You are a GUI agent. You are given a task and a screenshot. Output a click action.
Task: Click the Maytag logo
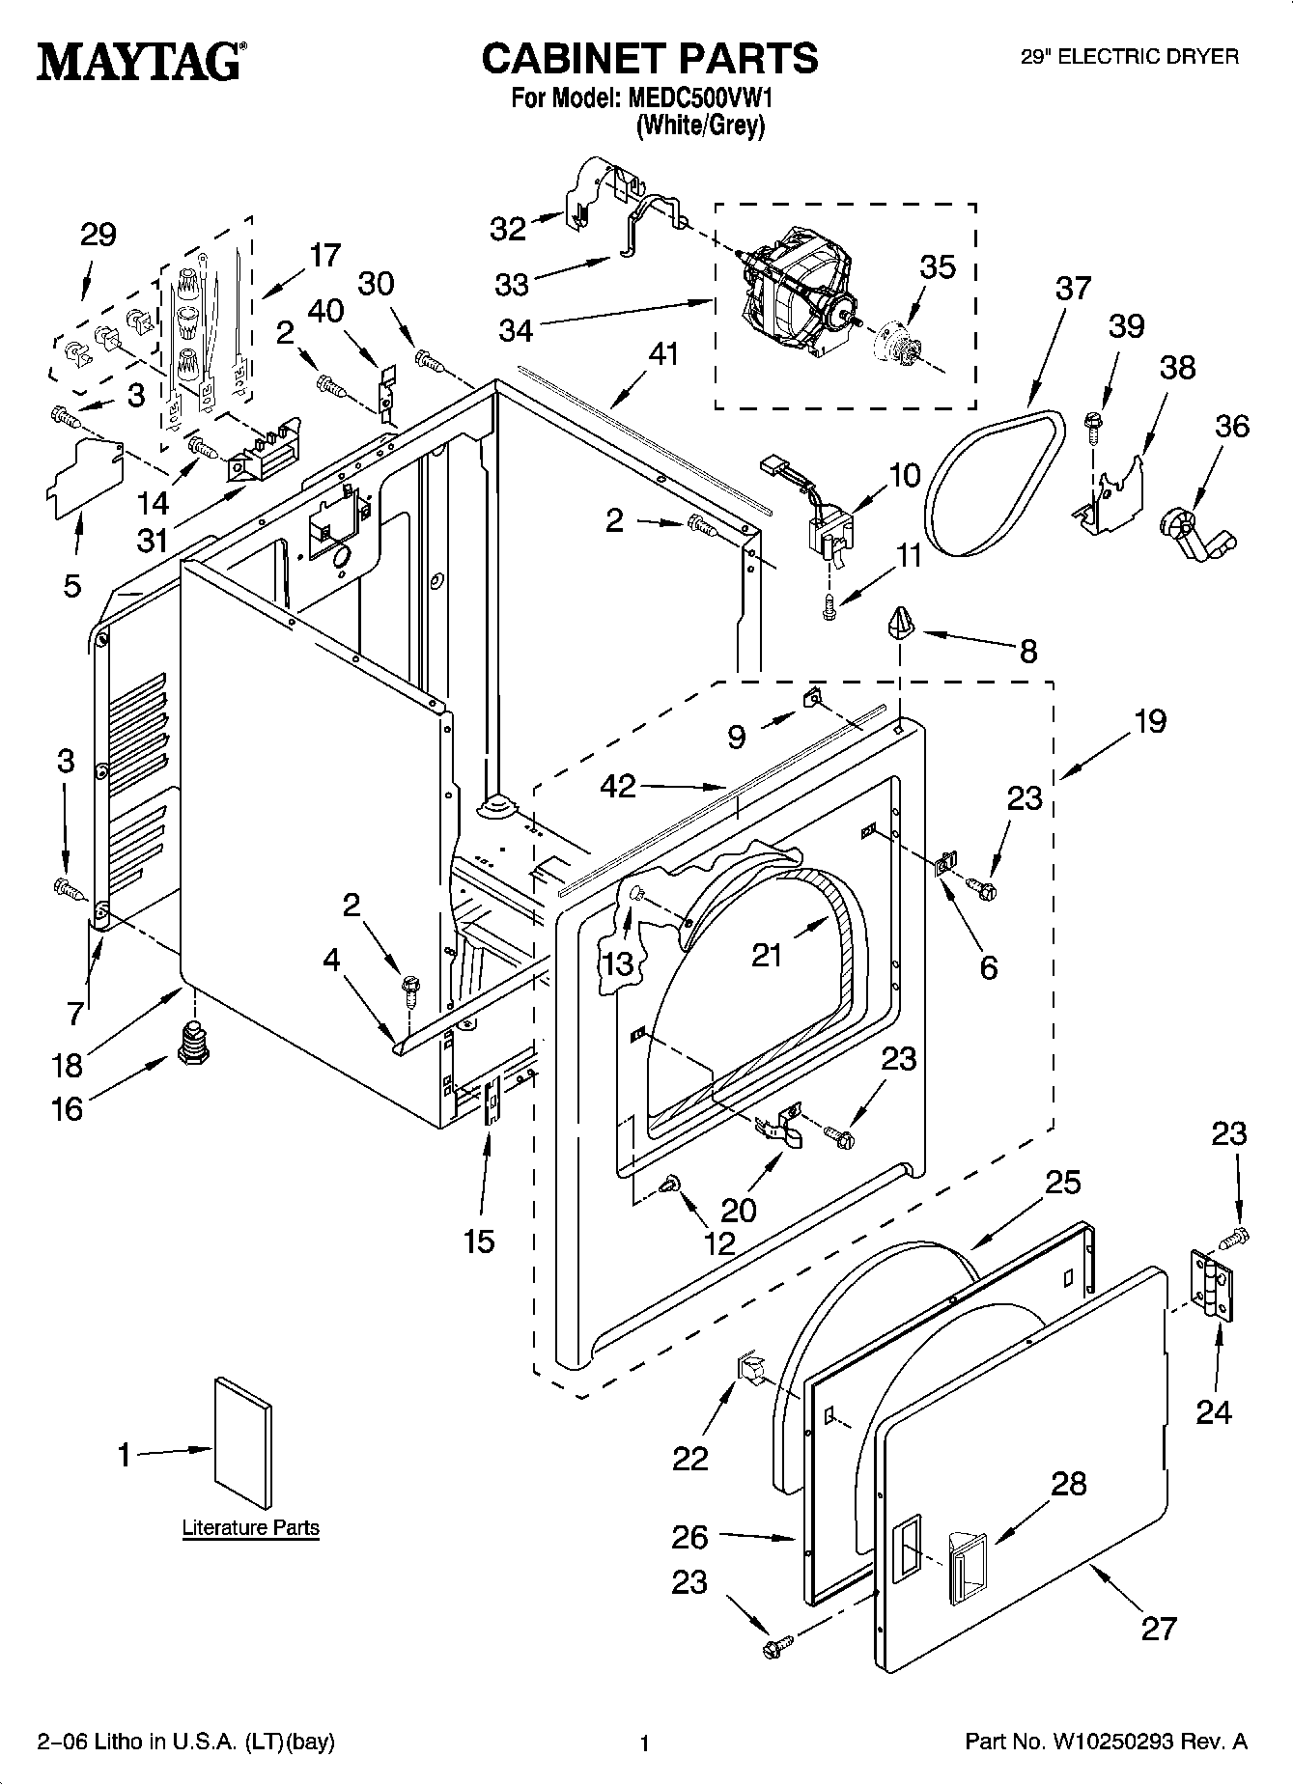pyautogui.click(x=140, y=62)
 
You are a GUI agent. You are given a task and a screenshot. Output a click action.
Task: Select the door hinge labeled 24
pyautogui.click(x=1212, y=1285)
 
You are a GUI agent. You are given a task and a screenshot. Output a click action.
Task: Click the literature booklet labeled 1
pyautogui.click(x=242, y=1443)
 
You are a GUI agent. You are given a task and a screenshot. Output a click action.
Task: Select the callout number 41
pyautogui.click(x=663, y=354)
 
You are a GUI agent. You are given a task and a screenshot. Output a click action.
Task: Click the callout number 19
pyautogui.click(x=1150, y=720)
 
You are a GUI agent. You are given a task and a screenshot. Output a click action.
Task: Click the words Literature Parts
pyautogui.click(x=251, y=1528)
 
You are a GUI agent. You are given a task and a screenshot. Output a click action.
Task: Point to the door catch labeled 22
pyautogui.click(x=750, y=1368)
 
